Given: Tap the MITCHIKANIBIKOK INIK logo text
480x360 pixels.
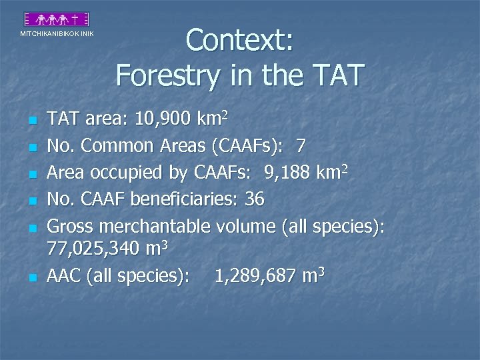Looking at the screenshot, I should point(57,33).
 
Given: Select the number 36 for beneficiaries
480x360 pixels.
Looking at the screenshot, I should point(254,198).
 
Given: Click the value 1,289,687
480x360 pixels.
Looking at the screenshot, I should point(254,276).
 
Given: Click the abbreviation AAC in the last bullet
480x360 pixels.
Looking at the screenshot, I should point(64,276).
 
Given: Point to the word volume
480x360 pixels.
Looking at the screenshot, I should point(245,225).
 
